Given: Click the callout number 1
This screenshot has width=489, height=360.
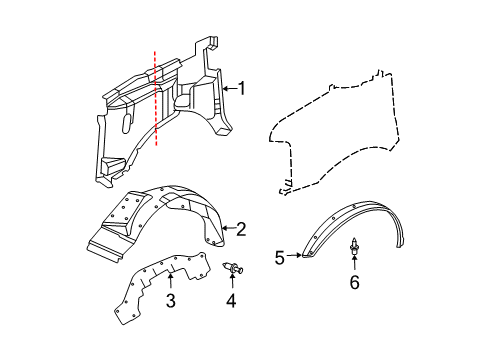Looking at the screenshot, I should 241,88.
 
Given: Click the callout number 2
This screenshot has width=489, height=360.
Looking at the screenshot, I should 241,229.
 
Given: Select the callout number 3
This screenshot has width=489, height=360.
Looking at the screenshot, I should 170,301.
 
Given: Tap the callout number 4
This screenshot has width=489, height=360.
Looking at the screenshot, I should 232,300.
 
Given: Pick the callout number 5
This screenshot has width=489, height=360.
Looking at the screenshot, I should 281,258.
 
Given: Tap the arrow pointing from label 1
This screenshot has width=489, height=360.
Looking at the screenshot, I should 227,88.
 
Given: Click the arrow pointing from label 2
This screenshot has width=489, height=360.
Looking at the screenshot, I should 227,229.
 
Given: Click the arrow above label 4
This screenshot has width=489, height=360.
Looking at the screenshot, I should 232,284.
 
